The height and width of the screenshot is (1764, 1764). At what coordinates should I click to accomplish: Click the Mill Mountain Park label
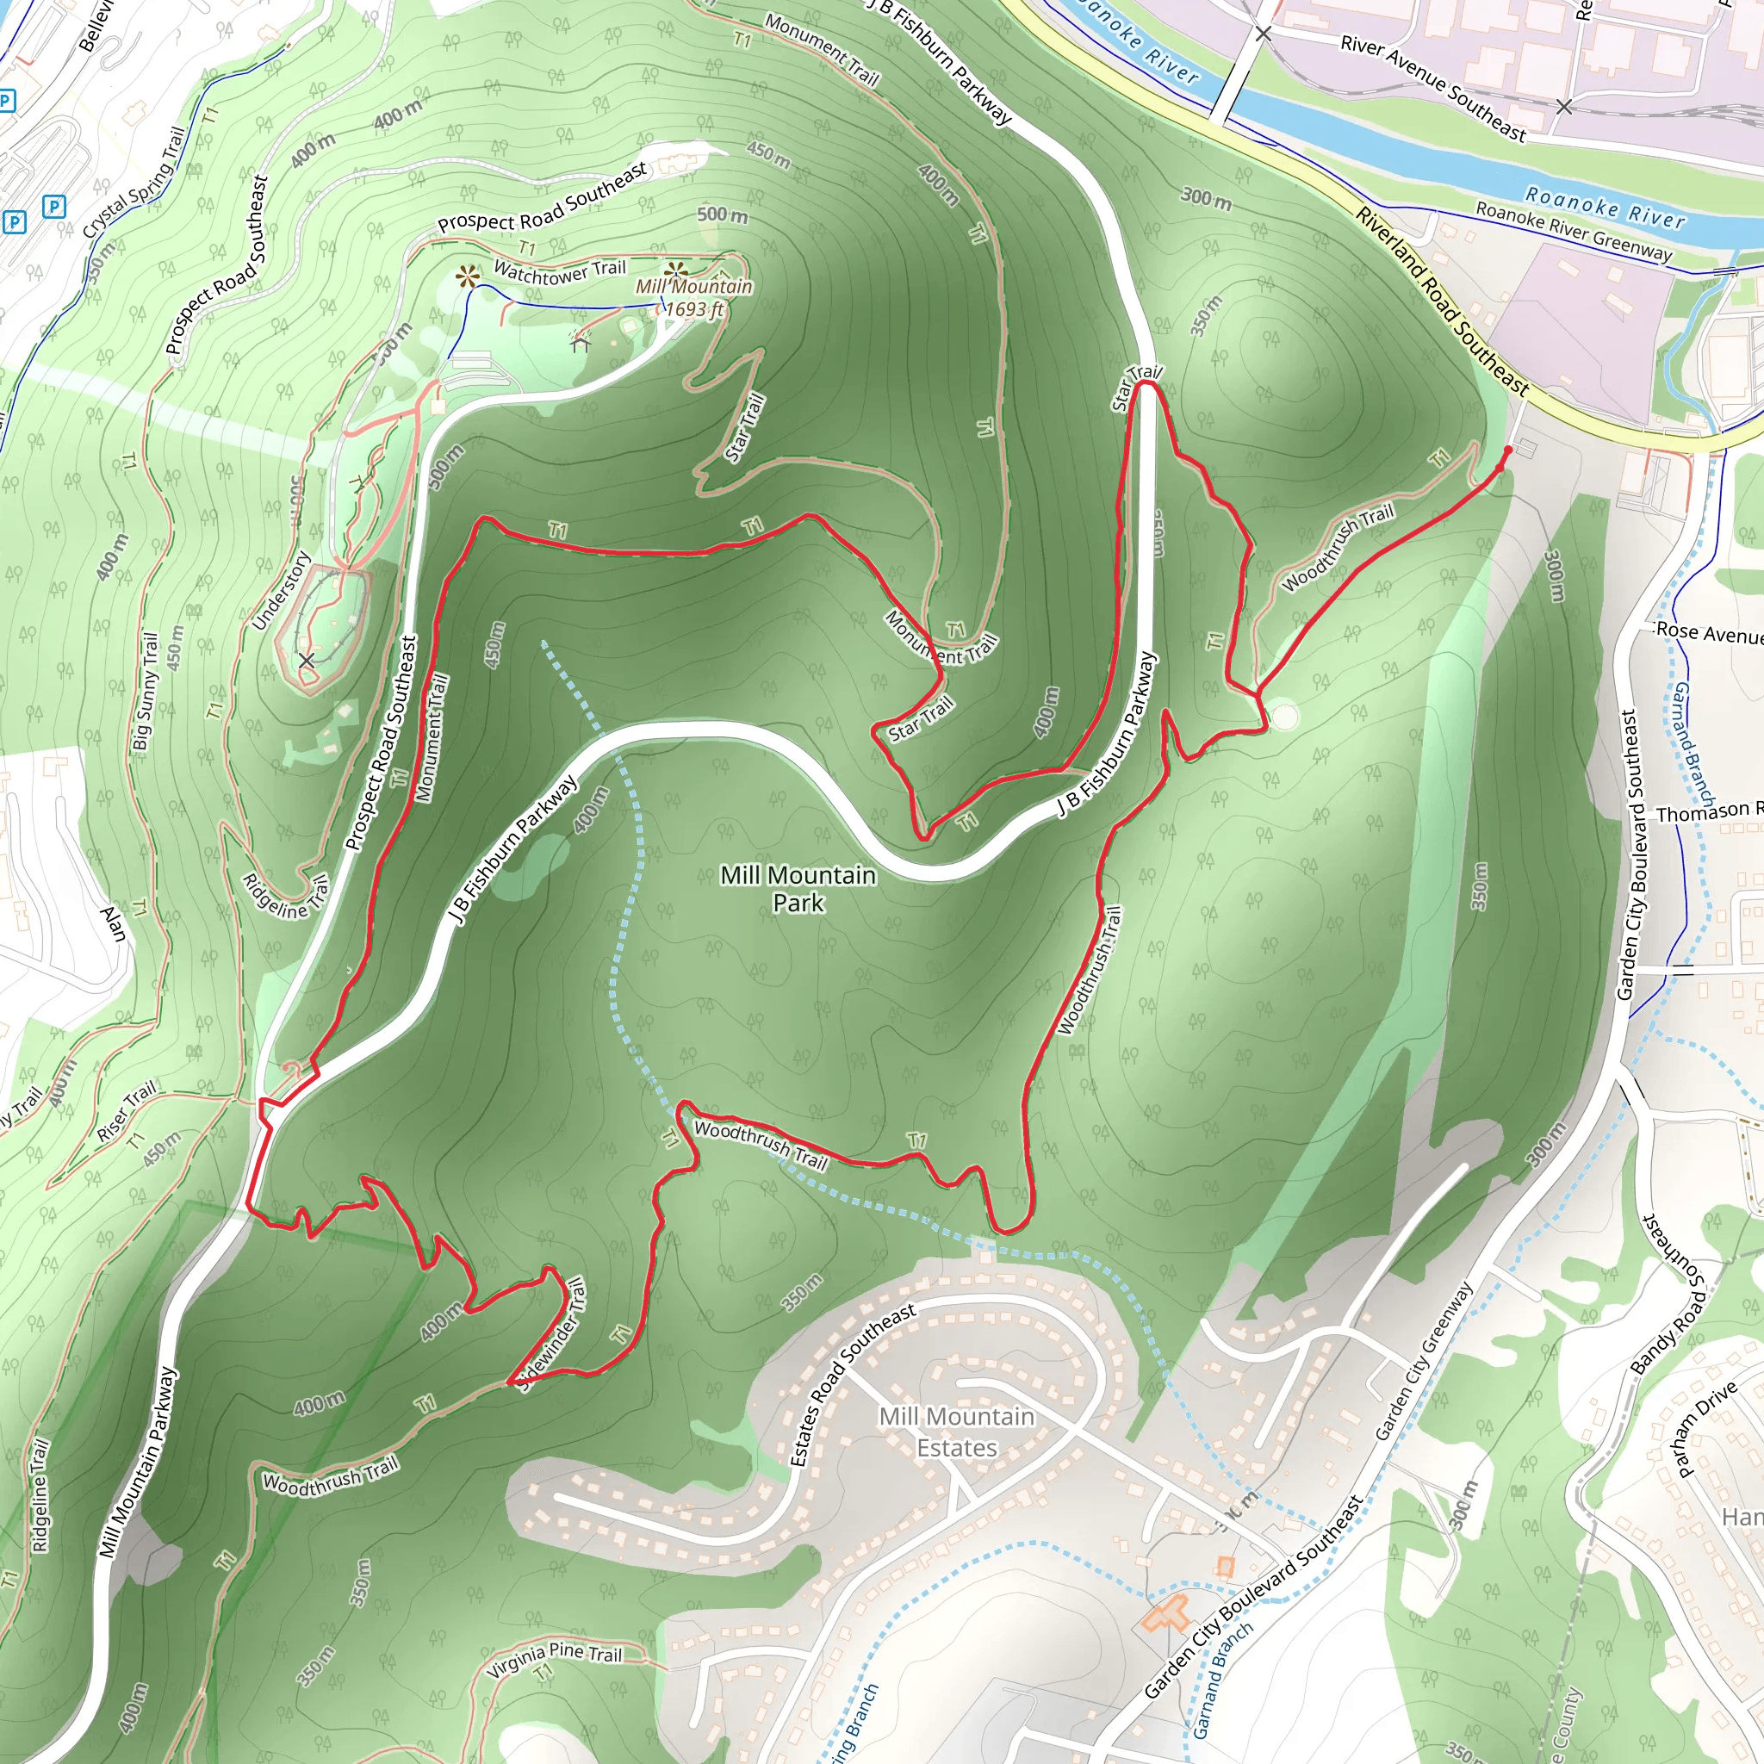pyautogui.click(x=798, y=888)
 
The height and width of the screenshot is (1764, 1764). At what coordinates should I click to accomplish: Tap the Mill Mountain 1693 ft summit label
pyautogui.click(x=694, y=298)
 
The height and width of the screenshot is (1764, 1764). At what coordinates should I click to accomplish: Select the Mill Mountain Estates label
pyautogui.click(x=956, y=1432)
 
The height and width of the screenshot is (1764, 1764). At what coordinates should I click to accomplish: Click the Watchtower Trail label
pyautogui.click(x=560, y=270)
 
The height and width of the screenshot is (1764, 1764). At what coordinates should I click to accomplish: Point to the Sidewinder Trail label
pyautogui.click(x=551, y=1335)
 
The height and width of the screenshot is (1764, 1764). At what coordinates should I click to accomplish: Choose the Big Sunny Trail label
pyautogui.click(x=146, y=691)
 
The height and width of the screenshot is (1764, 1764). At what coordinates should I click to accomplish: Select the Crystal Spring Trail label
pyautogui.click(x=134, y=183)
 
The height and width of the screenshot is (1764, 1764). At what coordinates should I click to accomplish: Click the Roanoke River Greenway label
pyautogui.click(x=1573, y=231)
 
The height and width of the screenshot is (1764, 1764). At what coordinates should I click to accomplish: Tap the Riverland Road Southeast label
pyautogui.click(x=1442, y=301)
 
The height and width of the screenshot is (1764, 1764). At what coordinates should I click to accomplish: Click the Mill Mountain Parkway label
pyautogui.click(x=139, y=1462)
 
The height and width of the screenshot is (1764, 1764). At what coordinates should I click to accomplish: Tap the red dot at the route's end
pyautogui.click(x=1507, y=450)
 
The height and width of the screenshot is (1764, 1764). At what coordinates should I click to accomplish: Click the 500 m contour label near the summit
pyautogui.click(x=722, y=215)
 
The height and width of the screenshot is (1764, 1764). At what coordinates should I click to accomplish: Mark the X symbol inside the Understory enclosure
pyautogui.click(x=307, y=659)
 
